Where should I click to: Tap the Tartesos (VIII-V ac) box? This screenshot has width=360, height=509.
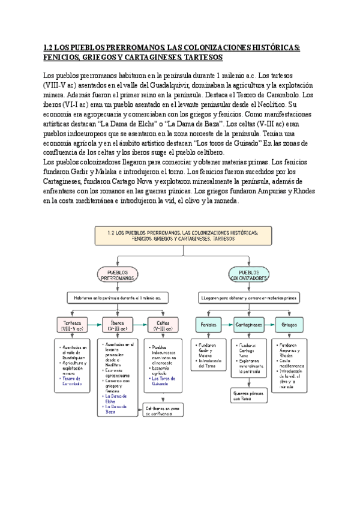[x=71, y=325]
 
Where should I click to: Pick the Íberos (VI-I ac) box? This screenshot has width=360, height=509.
[x=118, y=325]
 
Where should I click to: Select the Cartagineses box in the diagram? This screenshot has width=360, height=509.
[x=248, y=325]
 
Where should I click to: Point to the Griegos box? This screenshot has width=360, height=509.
[x=289, y=325]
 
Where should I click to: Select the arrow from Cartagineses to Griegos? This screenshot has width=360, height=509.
[x=269, y=325]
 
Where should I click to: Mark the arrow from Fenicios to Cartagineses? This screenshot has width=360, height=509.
[x=226, y=325]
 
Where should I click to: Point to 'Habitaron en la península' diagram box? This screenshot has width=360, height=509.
[x=118, y=298]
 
